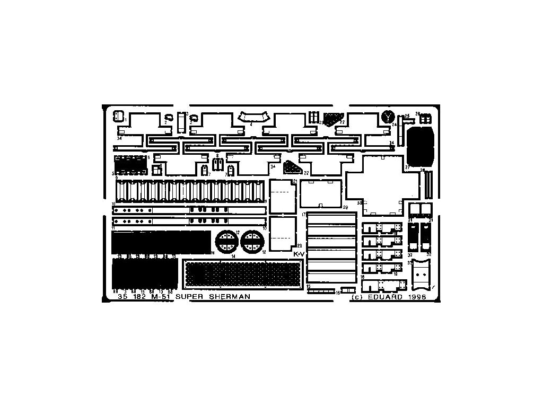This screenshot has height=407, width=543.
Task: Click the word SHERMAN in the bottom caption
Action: coord(229,297)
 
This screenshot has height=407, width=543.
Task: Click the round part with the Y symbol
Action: coord(388,117)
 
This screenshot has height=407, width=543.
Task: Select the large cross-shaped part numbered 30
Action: coord(382,185)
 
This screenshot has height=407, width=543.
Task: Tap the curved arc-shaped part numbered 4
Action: coord(252,117)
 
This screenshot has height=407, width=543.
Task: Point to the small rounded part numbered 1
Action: coord(118,115)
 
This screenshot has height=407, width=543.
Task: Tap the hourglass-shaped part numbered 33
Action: coord(422,273)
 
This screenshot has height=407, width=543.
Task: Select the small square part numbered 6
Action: coord(156,170)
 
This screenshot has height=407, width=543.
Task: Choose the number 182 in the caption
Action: coord(139,297)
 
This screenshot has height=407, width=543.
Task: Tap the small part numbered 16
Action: coord(347,290)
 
